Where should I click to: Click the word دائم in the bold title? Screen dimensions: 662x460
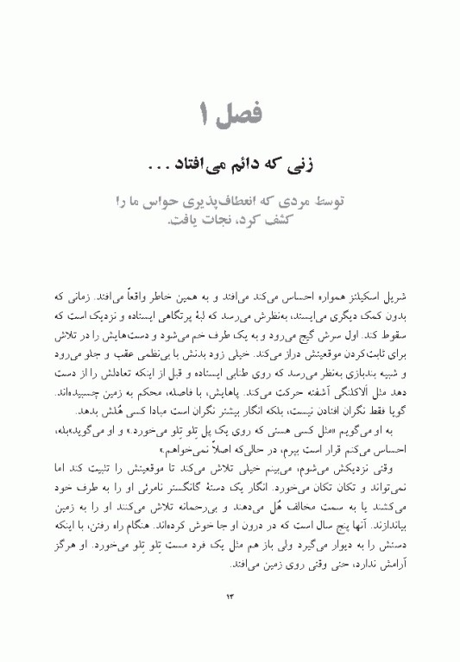(x=230, y=162)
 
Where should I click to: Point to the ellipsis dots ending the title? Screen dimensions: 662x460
(x=159, y=163)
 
